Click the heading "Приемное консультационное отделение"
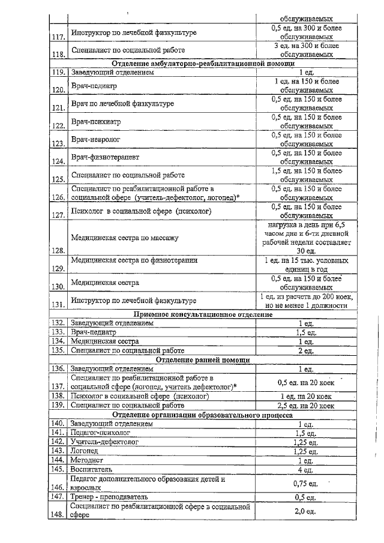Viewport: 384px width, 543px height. click(x=202, y=314)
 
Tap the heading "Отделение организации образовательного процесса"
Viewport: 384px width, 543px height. click(x=202, y=415)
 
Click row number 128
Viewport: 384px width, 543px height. click(x=58, y=251)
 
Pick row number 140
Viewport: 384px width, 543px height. click(x=58, y=424)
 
